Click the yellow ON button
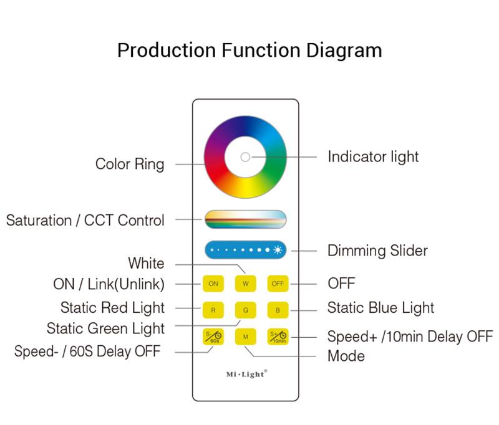click(213, 284)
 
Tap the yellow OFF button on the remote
click(278, 284)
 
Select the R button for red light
click(213, 310)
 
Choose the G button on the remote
click(246, 310)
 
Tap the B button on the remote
click(278, 310)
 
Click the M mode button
click(246, 337)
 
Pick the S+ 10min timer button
click(278, 337)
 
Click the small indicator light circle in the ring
click(245, 157)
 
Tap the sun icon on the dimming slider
click(277, 251)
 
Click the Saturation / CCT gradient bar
click(245, 219)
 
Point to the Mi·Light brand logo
click(246, 374)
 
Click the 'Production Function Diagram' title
click(249, 49)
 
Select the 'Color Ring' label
click(130, 164)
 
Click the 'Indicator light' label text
click(373, 156)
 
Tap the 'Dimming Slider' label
click(377, 251)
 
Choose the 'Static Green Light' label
click(106, 328)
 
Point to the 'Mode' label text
click(346, 356)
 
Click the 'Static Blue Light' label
click(380, 308)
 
